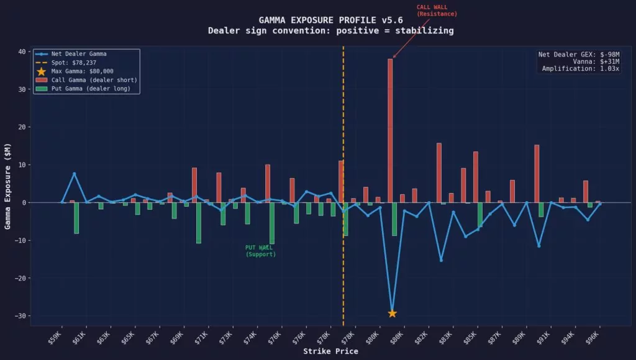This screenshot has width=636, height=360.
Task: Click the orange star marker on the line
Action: [x=392, y=313]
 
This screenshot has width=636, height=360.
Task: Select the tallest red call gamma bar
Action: [x=390, y=130]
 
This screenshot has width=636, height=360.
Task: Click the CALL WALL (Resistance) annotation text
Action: [x=437, y=11]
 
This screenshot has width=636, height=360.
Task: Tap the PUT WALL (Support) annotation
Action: [x=260, y=251]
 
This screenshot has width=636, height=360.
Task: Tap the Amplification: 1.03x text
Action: [x=580, y=69]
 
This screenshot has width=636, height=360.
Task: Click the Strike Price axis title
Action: [x=330, y=351]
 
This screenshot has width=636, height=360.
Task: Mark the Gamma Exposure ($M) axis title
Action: [x=8, y=188]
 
